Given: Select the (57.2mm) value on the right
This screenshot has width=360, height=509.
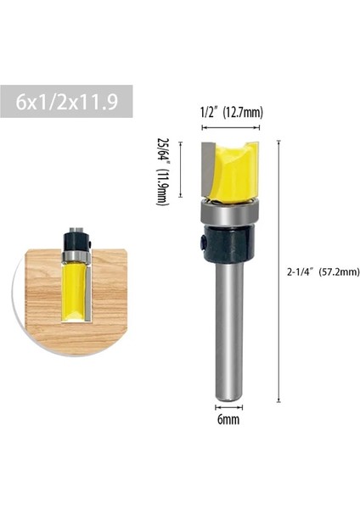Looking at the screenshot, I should (x=340, y=272).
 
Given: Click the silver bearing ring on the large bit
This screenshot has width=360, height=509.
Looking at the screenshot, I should (x=228, y=212).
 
